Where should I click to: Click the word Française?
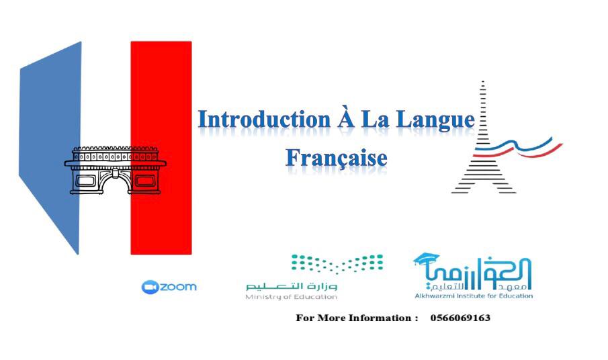click(337, 158)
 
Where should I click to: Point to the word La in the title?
click(376, 120)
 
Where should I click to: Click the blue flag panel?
click(50, 147)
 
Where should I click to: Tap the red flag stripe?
click(161, 148)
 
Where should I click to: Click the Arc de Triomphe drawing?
click(115, 170)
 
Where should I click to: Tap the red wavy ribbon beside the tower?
click(541, 152)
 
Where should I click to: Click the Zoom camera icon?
click(150, 287)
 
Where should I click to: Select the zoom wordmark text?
click(178, 287)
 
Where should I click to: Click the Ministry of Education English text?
click(291, 297)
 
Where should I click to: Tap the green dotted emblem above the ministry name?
click(337, 263)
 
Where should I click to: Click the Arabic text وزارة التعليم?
click(292, 287)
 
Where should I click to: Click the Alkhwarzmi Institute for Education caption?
click(474, 296)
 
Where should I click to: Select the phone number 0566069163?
click(460, 318)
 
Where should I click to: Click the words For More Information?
click(354, 318)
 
